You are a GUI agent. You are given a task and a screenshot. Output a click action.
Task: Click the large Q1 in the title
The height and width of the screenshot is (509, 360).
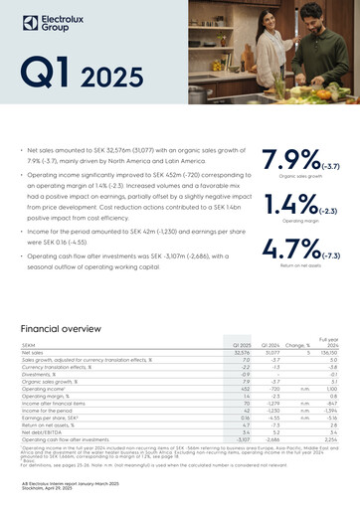coord(48,72)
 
